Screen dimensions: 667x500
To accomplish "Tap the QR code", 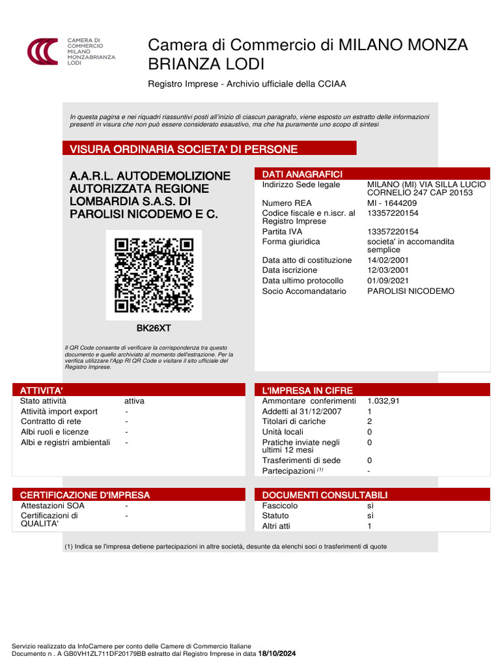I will (x=154, y=275).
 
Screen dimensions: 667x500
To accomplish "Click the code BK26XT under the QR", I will (x=154, y=328).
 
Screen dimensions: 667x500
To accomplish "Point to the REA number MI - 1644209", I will (x=392, y=203).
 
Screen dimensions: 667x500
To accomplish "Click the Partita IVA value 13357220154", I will (x=393, y=231).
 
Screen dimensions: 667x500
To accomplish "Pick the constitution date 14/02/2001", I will (x=388, y=260).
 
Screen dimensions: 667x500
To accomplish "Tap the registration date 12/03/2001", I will (x=388, y=270).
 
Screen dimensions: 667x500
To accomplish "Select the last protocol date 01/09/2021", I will (x=388, y=281).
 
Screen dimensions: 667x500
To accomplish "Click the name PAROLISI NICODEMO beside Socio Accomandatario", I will (x=411, y=291).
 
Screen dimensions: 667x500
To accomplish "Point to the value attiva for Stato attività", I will (x=134, y=401).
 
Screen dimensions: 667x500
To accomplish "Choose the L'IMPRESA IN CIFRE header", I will (x=307, y=390).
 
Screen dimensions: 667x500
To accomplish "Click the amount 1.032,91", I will (x=383, y=401).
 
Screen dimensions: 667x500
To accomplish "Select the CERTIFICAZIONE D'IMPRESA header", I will (x=85, y=495).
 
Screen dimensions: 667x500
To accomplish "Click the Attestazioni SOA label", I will (x=51, y=505).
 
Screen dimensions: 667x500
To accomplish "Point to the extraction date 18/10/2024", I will (x=277, y=653).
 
